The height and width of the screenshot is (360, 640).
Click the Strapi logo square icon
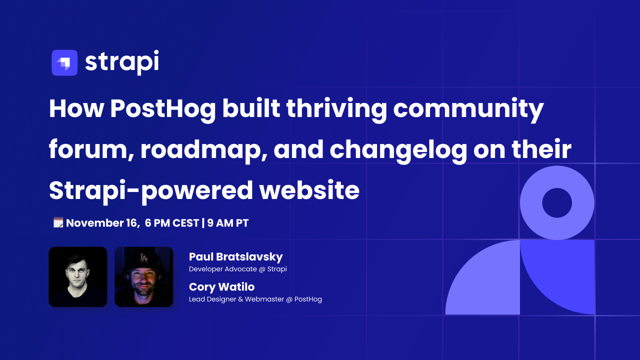pyautogui.click(x=64, y=62)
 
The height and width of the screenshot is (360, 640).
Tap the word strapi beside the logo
pyautogui.click(x=122, y=62)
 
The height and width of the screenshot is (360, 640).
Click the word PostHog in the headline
pyautogui.click(x=163, y=109)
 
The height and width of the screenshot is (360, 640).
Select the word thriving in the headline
pyautogui.click(x=336, y=109)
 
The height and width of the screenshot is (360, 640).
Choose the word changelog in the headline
pyautogui.click(x=398, y=150)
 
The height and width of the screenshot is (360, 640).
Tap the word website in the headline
pyautogui.click(x=309, y=190)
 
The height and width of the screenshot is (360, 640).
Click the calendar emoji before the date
pyautogui.click(x=58, y=222)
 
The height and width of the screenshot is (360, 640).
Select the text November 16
pyautogui.click(x=103, y=223)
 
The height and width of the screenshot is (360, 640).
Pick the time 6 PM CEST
pyautogui.click(x=171, y=223)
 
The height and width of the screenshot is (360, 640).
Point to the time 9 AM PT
pyautogui.click(x=228, y=223)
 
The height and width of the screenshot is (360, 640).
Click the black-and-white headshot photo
pyautogui.click(x=77, y=277)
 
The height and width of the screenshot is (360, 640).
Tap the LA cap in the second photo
pyautogui.click(x=143, y=260)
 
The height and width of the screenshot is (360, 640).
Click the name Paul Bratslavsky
pyautogui.click(x=235, y=257)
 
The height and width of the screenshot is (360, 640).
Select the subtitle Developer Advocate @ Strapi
pyautogui.click(x=237, y=269)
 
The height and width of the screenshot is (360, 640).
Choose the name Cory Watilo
pyautogui.click(x=221, y=287)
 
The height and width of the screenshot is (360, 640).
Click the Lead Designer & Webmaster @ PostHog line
pyautogui.click(x=255, y=299)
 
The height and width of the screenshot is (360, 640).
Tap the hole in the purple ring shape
pyautogui.click(x=557, y=203)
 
